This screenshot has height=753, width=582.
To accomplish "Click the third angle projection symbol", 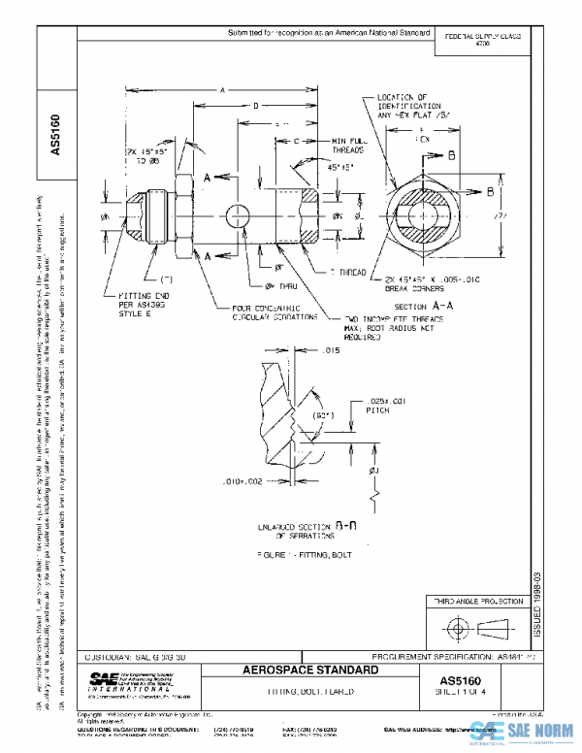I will tap(474, 628).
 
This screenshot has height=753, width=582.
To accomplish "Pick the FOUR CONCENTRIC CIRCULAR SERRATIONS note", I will tap(263, 312).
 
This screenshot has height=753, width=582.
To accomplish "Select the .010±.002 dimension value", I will tap(241, 480).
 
